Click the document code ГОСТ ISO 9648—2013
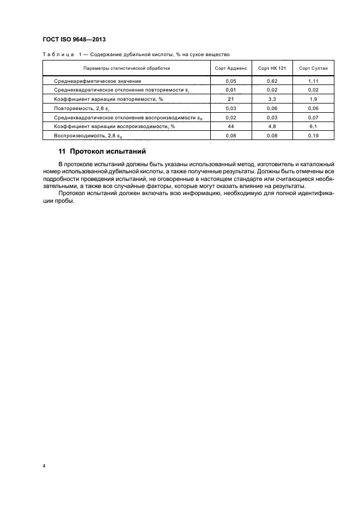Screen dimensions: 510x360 pos(74,40)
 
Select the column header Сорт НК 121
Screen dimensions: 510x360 pos(272,68)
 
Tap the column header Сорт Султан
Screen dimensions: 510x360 pos(313,68)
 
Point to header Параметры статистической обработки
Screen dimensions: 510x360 pos(126,68)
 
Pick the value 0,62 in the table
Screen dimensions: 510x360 pos(272,81)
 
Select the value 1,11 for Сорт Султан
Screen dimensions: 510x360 pos(313,81)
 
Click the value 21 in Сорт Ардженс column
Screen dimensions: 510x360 pos(230,99)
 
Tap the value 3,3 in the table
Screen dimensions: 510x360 pos(272,99)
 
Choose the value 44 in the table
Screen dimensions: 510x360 pos(230,125)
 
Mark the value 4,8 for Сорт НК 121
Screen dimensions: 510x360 pos(272,125)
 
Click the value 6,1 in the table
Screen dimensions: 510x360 pos(313,125)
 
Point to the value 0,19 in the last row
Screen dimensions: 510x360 pos(313,135)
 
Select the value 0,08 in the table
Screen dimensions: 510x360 pos(272,135)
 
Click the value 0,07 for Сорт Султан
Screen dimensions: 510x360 pos(313,117)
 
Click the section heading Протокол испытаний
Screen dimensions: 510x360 pos(108,151)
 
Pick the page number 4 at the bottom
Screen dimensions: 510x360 pos(44,466)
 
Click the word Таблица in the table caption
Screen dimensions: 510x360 pos(56,54)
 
